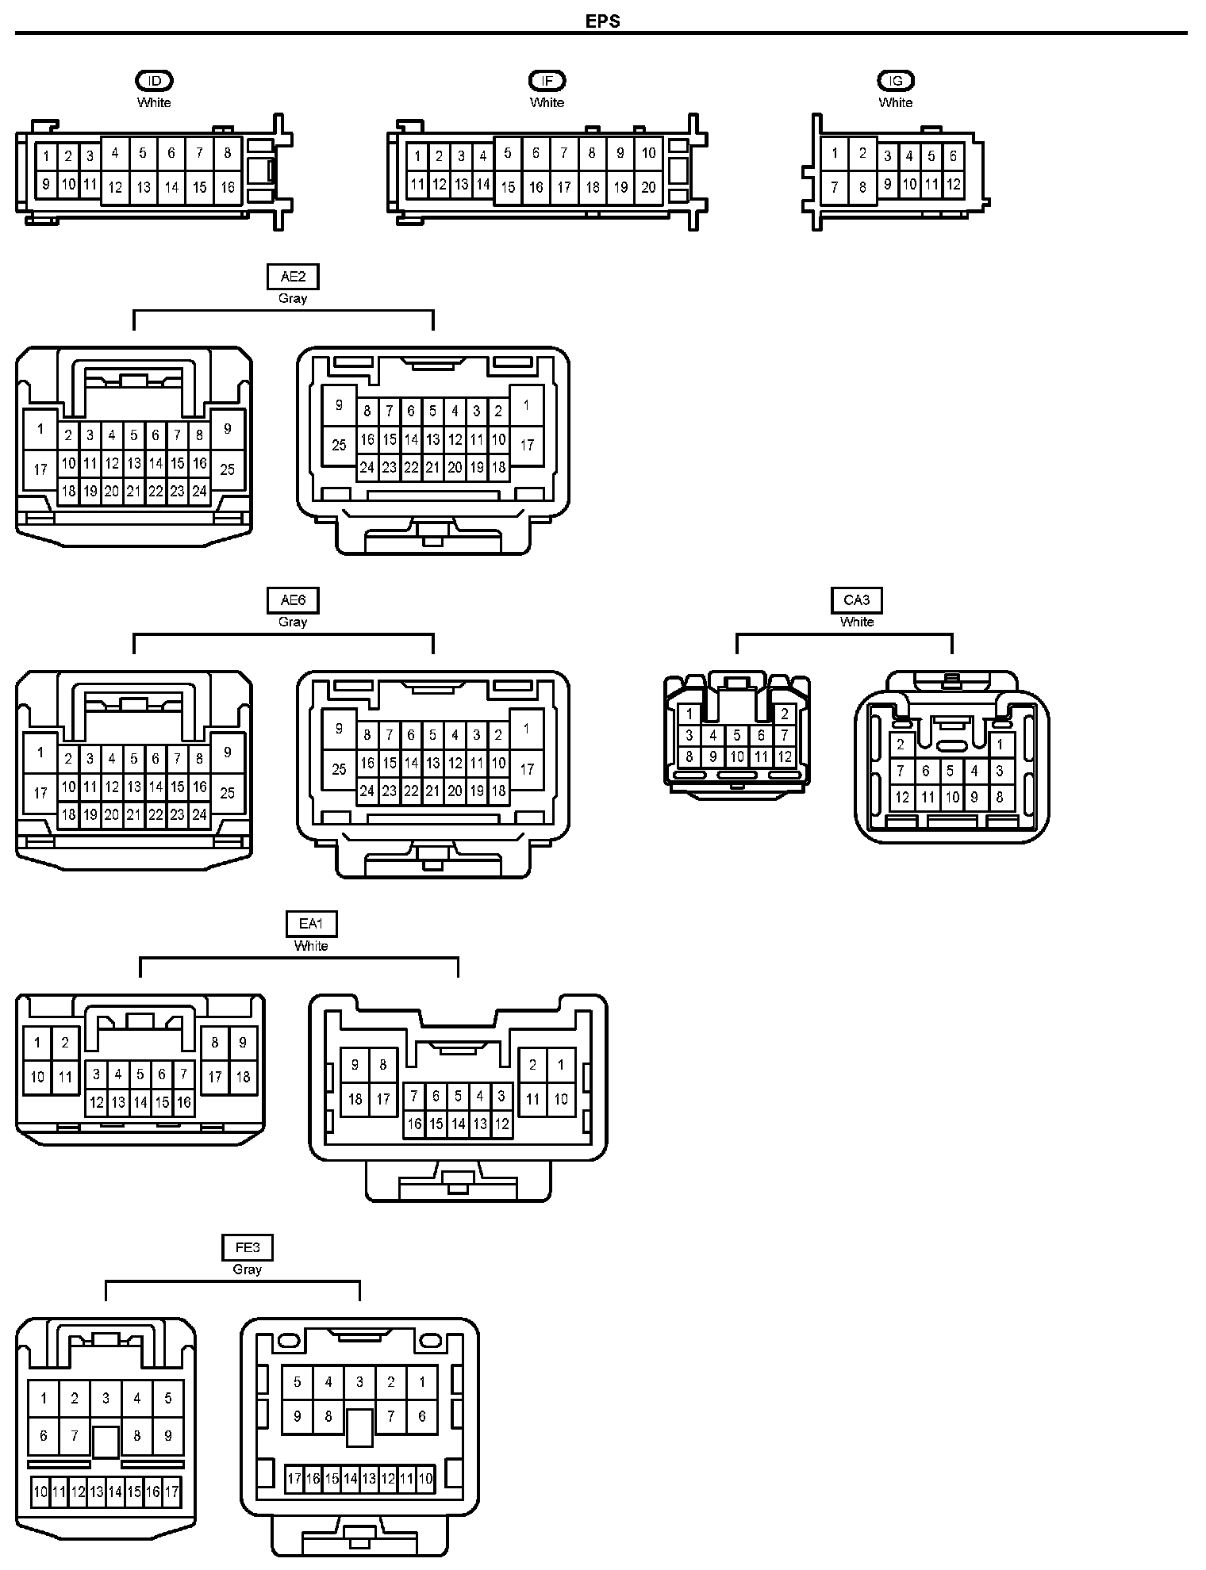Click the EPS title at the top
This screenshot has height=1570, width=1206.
point(602,21)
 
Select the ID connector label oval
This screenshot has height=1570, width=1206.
point(154,80)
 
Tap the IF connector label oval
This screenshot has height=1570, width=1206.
point(547,80)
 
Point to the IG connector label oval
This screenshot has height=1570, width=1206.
point(896,80)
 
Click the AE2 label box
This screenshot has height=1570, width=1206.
point(293,277)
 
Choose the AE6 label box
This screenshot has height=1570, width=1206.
point(293,600)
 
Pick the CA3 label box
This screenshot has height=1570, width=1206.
point(856,600)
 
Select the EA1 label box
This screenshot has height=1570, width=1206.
point(311,924)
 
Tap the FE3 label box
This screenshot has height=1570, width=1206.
point(248,1247)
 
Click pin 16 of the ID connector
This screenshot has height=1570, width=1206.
point(228,188)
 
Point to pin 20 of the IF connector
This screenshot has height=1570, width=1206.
point(649,188)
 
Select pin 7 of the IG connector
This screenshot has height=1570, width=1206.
point(835,188)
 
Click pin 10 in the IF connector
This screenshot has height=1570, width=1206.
point(649,153)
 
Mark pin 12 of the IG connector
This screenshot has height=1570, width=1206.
point(954,185)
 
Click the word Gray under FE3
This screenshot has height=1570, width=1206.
point(248,1269)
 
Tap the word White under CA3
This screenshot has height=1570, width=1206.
point(857,622)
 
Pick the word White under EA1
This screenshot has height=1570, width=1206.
point(311,946)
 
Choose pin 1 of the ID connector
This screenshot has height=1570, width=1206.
point(47,156)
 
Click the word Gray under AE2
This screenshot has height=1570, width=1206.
point(293,299)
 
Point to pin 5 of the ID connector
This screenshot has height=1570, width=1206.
point(143,153)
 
